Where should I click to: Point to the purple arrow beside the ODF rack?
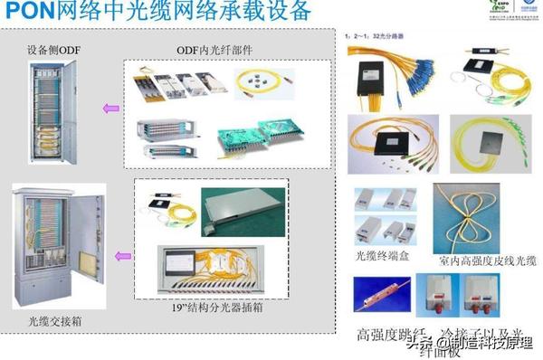point(111,109)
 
